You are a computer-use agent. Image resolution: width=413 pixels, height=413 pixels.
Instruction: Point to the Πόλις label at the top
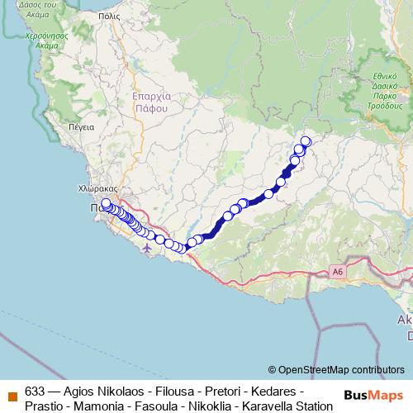(108, 16)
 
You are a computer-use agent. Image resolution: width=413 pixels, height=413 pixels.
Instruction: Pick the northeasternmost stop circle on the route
(306, 141)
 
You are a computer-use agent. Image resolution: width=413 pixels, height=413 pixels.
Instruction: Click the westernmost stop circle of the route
(106, 203)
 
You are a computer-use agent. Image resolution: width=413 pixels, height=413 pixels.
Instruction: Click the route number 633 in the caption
(35, 391)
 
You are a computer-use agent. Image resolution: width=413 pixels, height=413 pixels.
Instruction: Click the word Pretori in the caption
(218, 391)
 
